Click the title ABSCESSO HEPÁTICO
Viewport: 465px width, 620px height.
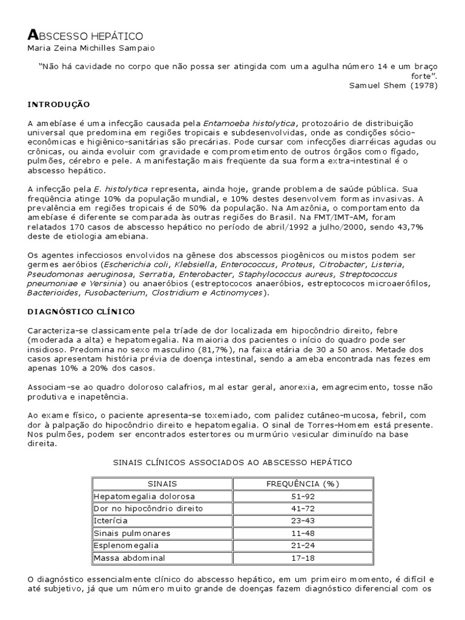85,36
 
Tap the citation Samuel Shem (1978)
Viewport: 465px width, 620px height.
393,85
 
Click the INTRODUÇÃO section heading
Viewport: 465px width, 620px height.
59,104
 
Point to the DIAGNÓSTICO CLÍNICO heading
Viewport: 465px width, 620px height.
81,311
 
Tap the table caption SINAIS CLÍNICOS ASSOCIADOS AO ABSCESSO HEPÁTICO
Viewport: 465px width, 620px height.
232,462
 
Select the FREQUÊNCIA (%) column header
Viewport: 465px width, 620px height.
303,484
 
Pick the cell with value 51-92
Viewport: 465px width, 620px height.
303,496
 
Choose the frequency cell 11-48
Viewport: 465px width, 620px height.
303,533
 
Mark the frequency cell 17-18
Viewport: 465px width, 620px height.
303,557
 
